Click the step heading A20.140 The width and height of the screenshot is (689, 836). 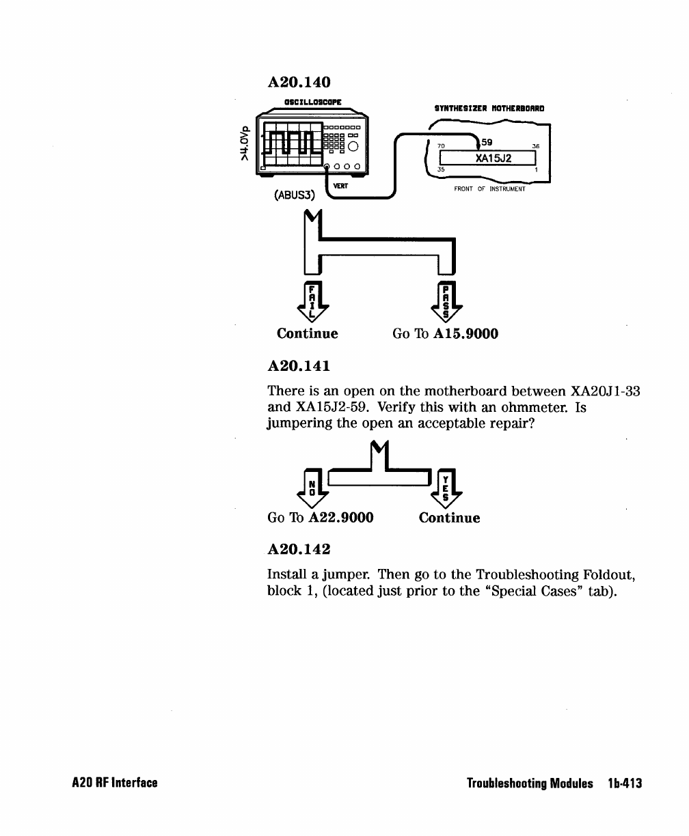coord(299,83)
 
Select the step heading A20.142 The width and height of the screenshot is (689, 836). coord(299,548)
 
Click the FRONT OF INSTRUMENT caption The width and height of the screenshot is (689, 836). coord(489,189)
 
